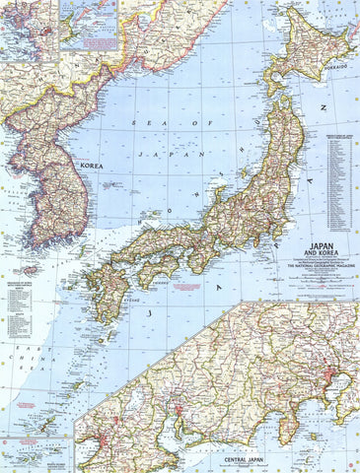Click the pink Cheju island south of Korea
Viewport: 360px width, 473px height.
pyautogui.click(x=30, y=270)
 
